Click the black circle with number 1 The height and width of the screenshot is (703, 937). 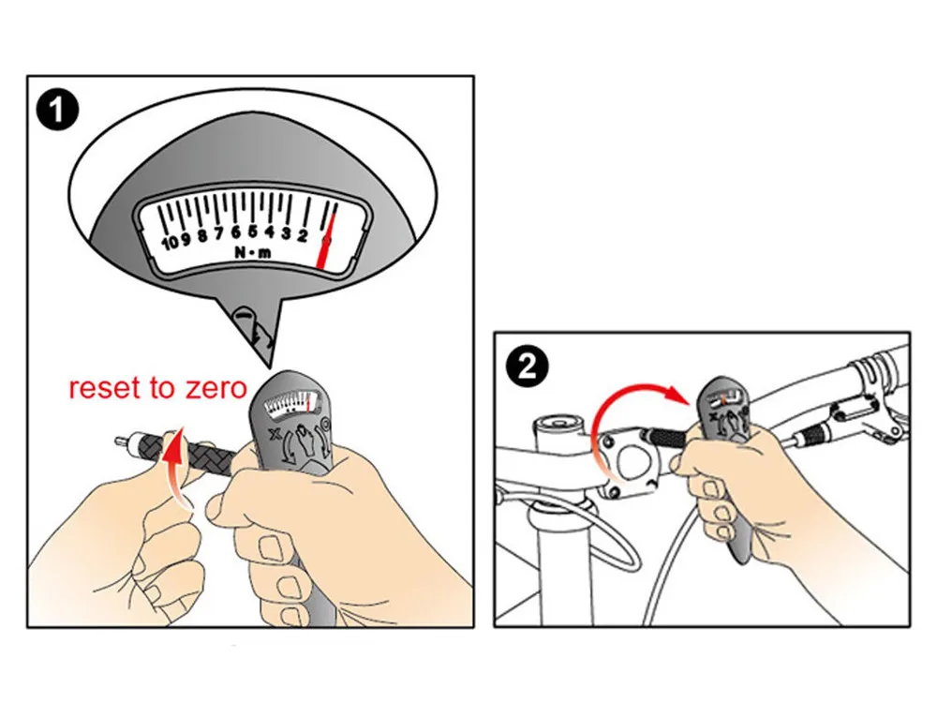point(57,110)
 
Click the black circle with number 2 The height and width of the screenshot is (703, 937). point(527,366)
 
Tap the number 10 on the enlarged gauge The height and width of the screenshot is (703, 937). point(171,242)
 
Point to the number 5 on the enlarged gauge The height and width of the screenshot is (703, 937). point(253,231)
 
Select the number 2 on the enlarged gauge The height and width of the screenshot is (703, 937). point(303,235)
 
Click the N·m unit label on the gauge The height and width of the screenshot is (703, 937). point(253,253)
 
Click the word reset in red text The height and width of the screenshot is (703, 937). point(107,388)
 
